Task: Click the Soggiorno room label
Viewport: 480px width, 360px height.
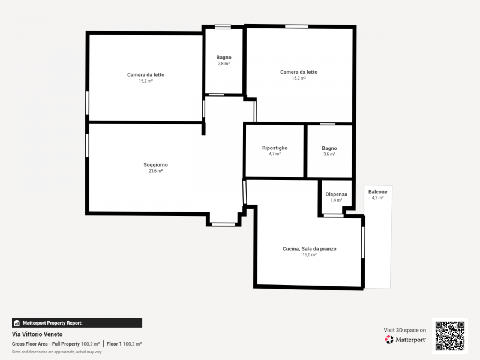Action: (155, 164)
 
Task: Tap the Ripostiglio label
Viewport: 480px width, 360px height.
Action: (275, 148)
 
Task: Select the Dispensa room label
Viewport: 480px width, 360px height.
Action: (336, 194)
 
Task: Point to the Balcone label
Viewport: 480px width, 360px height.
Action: (378, 191)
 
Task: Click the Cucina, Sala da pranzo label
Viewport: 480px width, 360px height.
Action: (309, 249)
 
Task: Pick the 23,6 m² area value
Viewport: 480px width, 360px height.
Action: (155, 171)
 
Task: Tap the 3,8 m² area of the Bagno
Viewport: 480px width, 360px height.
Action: (224, 64)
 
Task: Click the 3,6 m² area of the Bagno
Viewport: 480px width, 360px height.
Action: (329, 154)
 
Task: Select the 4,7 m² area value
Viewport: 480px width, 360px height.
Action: (275, 154)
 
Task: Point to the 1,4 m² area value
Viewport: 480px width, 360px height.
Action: (336, 200)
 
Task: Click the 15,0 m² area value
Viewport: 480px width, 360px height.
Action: (309, 254)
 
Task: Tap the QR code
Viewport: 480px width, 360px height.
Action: (449, 336)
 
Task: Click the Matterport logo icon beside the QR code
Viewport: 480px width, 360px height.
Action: (389, 340)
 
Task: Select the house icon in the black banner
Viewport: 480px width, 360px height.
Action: (17, 323)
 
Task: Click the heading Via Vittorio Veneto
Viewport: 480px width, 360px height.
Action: (37, 334)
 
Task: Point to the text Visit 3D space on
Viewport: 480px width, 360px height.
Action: (404, 331)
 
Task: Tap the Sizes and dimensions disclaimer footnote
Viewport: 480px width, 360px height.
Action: (56, 352)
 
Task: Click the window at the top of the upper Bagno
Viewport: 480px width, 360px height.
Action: (223, 27)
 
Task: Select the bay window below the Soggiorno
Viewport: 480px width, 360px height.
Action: (223, 224)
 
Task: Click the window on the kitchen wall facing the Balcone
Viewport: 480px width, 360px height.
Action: (363, 242)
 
